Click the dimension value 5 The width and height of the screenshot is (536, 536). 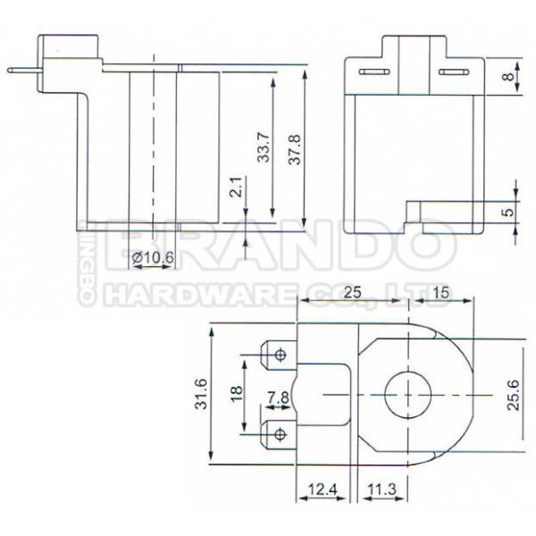[x=507, y=212]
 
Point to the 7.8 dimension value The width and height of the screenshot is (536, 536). [x=277, y=395]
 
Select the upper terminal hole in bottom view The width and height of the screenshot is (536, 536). [x=281, y=355]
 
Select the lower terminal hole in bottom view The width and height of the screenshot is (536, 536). [x=281, y=434]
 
